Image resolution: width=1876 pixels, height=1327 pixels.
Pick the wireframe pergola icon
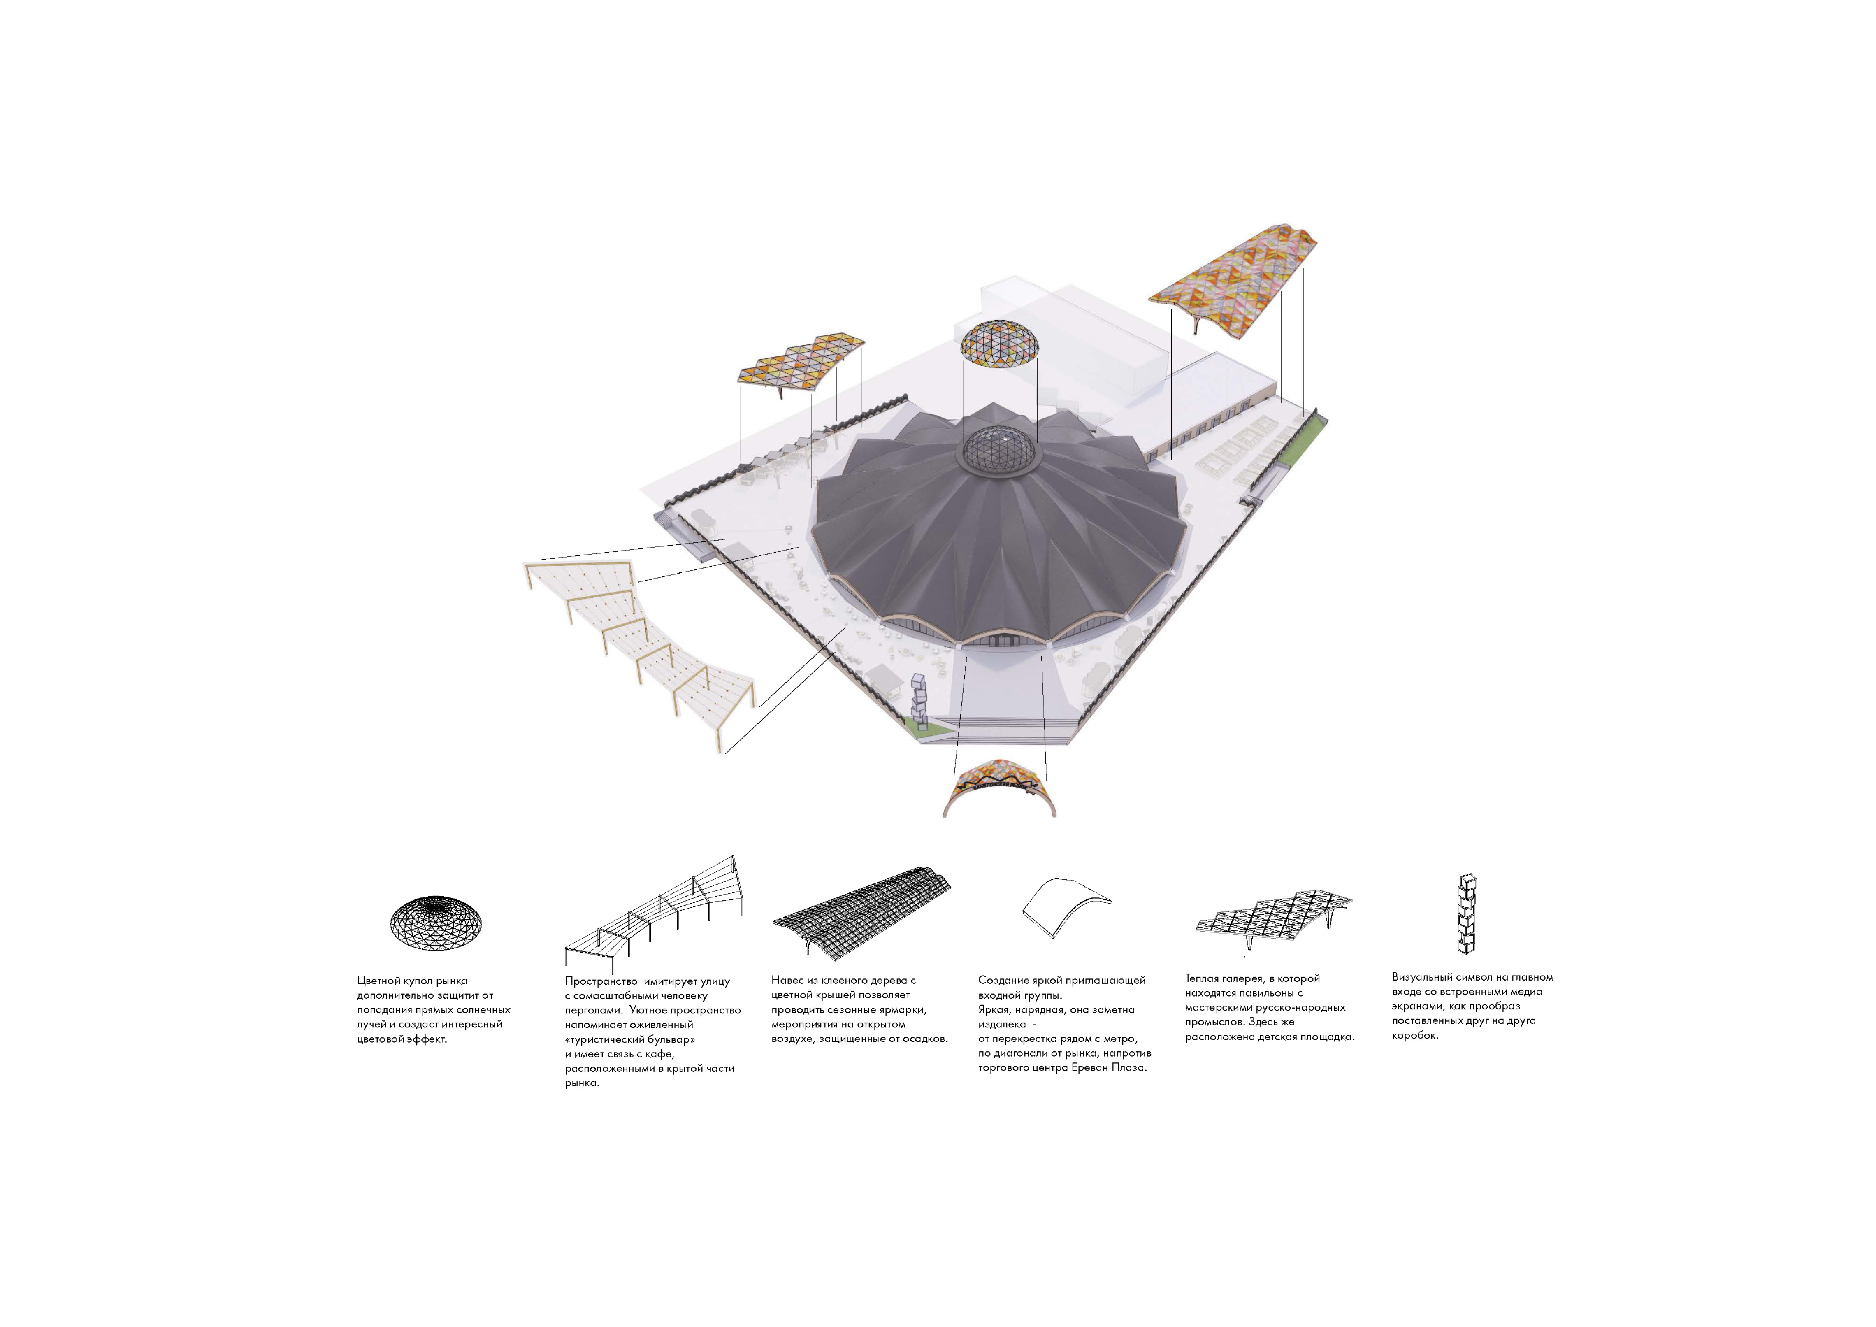[654, 913]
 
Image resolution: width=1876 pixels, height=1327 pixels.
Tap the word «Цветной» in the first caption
[378, 981]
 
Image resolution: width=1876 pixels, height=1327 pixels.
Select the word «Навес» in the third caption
[788, 980]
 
